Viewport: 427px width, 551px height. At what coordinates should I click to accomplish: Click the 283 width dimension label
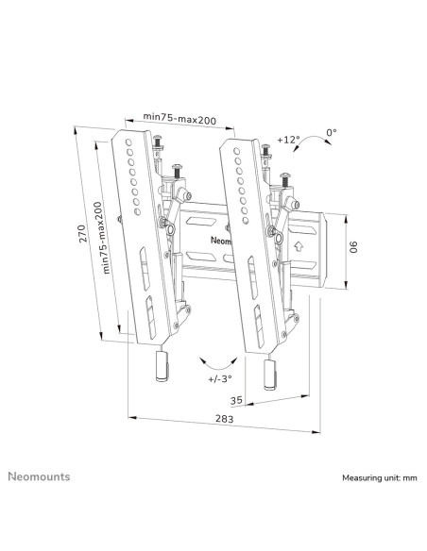(x=225, y=419)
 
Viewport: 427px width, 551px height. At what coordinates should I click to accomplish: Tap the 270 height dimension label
(x=82, y=234)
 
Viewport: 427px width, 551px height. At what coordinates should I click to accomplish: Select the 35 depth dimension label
(x=236, y=400)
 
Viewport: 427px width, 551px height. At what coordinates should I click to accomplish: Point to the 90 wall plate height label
(x=353, y=246)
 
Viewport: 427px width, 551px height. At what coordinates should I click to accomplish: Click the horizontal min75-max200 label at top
(x=179, y=119)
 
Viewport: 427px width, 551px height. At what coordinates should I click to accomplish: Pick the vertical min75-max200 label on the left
(x=102, y=238)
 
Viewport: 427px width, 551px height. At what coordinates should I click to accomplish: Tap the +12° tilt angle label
(x=288, y=140)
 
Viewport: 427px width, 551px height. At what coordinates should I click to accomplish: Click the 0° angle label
(x=332, y=132)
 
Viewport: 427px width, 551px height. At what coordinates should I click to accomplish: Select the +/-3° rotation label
(x=220, y=379)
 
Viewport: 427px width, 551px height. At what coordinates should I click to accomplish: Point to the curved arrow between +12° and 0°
(x=313, y=138)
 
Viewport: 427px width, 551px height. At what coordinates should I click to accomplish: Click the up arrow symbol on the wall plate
(x=299, y=245)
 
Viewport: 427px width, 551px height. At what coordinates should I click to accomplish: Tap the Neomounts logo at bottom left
(x=39, y=476)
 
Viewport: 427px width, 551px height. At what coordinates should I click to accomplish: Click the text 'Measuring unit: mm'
(x=380, y=478)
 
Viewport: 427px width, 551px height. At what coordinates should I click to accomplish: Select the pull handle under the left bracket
(x=162, y=366)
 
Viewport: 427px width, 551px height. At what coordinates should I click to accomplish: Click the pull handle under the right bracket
(x=270, y=375)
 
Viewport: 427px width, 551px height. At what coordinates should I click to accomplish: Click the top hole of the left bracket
(x=128, y=142)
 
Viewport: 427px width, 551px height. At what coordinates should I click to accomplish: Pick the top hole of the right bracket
(x=237, y=151)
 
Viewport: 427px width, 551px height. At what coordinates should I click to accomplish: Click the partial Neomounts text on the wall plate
(x=221, y=241)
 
